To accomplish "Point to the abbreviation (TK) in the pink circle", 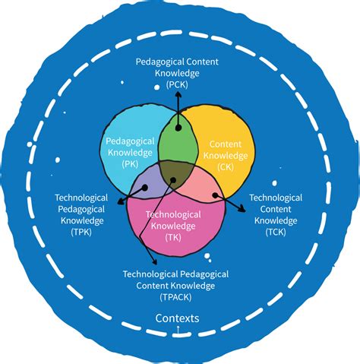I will (x=175, y=237).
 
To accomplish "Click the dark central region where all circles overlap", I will (x=176, y=177).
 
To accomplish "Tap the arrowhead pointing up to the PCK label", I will (x=178, y=96).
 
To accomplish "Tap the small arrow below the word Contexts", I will (x=178, y=328).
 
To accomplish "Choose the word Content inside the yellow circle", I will (x=225, y=142).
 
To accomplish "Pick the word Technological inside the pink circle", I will (x=174, y=214).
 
